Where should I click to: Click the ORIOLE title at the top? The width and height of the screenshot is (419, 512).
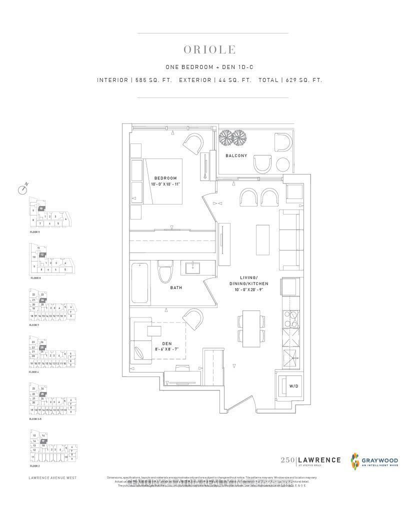[209, 50]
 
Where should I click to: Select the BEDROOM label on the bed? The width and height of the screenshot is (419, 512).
[165, 178]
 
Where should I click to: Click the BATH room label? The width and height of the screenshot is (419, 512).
[175, 287]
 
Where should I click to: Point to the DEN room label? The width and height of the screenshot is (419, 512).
[160, 343]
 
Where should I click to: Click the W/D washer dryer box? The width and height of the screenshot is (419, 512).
[288, 386]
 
